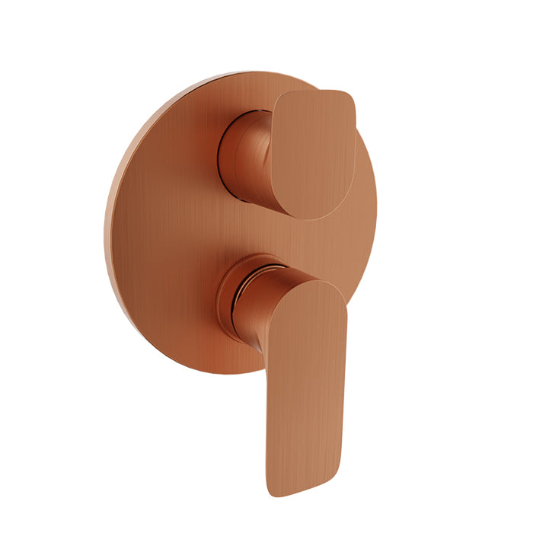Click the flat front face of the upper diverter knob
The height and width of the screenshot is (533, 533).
click(x=312, y=152)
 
